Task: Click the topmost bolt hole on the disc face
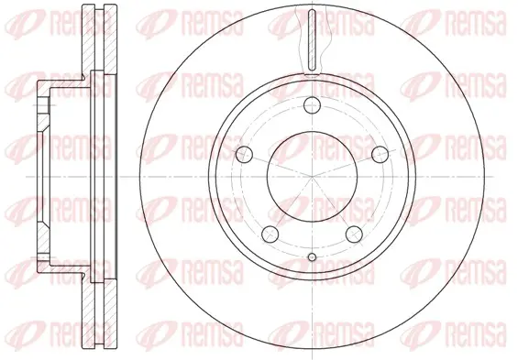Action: tap(313, 105)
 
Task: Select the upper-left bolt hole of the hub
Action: tap(245, 155)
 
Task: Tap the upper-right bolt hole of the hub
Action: tap(380, 155)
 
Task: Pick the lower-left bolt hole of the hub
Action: tap(270, 234)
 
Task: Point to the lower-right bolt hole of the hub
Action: tap(354, 234)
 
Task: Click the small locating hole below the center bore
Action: tap(313, 257)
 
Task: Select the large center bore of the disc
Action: tap(313, 177)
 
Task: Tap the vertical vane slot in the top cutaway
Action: tap(313, 39)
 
